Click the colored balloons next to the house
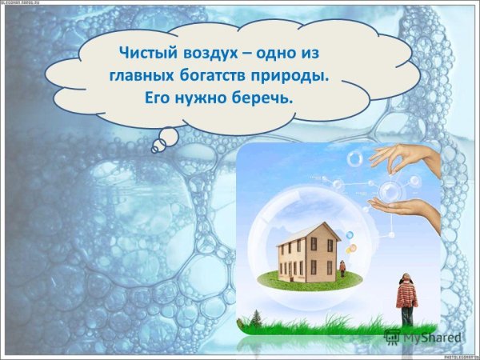point(350,239)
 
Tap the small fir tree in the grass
point(257,318)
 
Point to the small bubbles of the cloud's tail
point(164,141)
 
